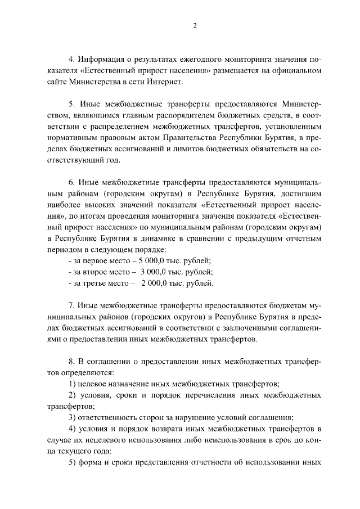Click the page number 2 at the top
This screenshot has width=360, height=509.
195,25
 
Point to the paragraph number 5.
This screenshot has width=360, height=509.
71,105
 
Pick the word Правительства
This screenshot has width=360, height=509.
187,138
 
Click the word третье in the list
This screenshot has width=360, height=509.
97,283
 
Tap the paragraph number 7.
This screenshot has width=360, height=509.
71,305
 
